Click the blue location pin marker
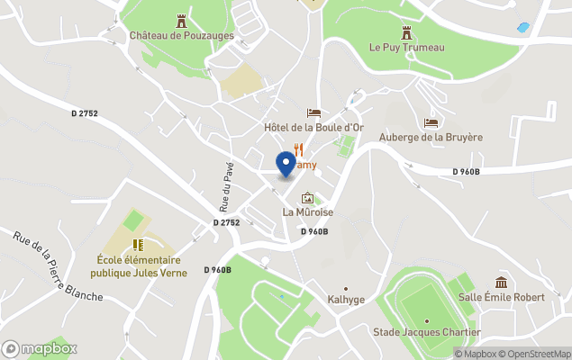tap(286, 162)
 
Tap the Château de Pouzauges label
tap(181, 35)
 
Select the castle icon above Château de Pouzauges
tap(181, 19)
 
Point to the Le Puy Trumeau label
tap(406, 47)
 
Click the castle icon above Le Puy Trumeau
tap(406, 31)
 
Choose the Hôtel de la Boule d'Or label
tap(313, 128)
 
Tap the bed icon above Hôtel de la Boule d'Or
tap(313, 112)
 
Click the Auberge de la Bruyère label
tap(431, 137)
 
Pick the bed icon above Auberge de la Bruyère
tap(431, 122)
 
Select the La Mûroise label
tap(308, 212)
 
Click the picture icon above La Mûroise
tap(308, 198)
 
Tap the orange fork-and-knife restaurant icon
tap(296, 152)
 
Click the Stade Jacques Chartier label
tap(426, 332)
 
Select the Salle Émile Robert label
tap(501, 297)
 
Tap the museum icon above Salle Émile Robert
tap(501, 283)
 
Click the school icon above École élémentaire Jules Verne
tap(139, 244)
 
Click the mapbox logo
tap(40, 348)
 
